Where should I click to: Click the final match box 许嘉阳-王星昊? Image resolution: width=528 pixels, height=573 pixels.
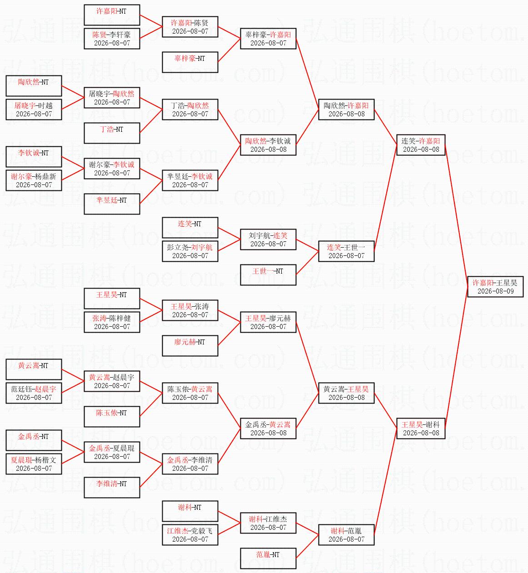coord(495,286)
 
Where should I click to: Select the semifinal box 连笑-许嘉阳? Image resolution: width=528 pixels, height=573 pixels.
coord(421,145)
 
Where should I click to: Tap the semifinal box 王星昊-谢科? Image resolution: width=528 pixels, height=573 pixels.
coord(421,428)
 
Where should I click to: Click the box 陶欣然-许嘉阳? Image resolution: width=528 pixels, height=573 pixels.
coord(346,110)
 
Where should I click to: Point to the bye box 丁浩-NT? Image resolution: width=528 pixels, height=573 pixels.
coord(112,133)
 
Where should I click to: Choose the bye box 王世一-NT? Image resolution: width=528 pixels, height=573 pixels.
coord(268,275)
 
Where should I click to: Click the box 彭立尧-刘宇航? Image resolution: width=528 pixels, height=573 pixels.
coord(190,251)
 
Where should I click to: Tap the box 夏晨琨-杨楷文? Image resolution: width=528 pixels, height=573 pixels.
coord(34,463)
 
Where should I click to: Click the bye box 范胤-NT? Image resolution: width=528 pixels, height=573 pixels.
coord(268,558)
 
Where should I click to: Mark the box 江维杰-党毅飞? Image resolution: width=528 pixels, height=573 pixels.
coord(190,534)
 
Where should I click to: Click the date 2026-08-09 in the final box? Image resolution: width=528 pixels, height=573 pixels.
coord(495,291)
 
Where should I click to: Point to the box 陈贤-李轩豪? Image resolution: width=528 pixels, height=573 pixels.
coord(112,39)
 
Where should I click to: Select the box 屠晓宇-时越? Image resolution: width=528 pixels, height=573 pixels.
coord(34,110)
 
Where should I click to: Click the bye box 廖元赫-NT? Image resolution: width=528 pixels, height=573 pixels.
coord(190,346)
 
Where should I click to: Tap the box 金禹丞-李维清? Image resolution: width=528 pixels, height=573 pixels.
coord(190,463)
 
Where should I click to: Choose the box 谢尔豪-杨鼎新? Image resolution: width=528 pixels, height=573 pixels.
coord(34,180)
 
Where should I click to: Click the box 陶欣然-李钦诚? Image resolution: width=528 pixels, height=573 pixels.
coord(268,145)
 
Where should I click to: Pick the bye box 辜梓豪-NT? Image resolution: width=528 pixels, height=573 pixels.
coord(190,62)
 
